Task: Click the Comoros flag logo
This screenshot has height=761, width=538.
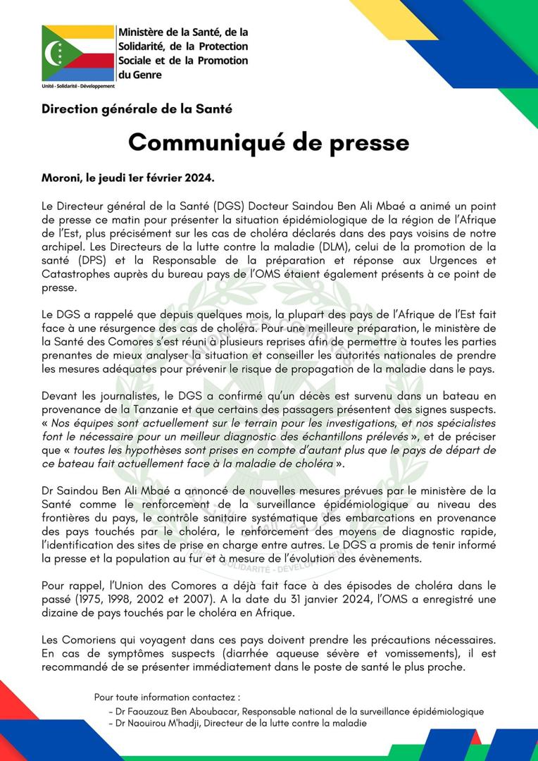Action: tap(77, 53)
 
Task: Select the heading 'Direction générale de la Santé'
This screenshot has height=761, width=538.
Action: tap(137, 109)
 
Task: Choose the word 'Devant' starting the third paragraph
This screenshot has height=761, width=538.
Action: tap(61, 395)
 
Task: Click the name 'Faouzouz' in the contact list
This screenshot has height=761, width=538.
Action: tap(153, 712)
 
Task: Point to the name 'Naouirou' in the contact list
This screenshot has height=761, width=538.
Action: tap(153, 724)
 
